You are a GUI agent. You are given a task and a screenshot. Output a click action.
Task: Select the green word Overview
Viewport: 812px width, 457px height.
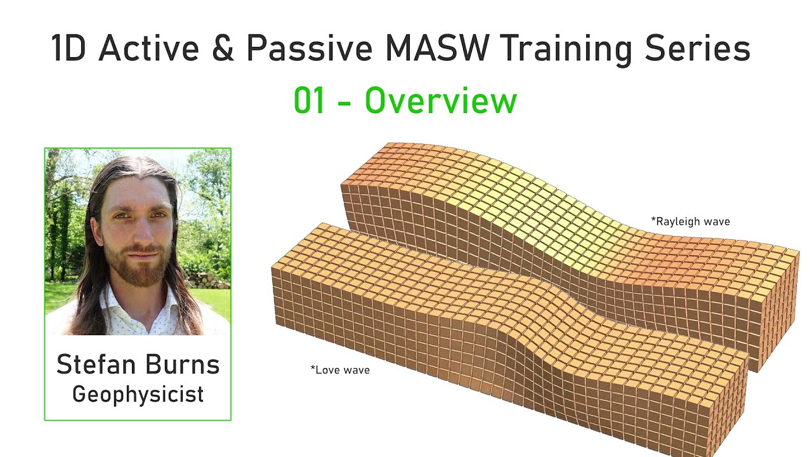tap(441, 102)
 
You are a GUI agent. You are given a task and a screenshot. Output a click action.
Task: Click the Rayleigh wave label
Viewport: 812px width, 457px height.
tap(690, 222)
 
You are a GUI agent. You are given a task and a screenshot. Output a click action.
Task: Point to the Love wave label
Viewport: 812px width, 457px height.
tap(340, 369)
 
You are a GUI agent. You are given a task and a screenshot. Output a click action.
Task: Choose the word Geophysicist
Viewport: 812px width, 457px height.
tap(138, 394)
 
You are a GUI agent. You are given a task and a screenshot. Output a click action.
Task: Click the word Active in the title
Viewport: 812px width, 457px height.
tap(148, 48)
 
